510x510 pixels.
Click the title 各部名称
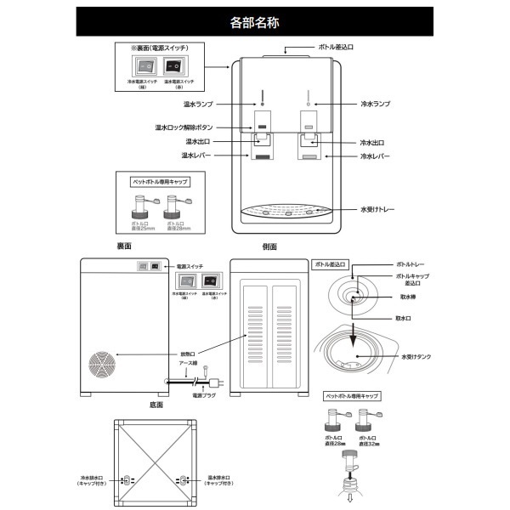pos(255,22)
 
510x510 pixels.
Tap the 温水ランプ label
pos(196,105)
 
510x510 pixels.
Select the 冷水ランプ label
pos(374,105)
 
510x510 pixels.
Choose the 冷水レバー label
pos(375,156)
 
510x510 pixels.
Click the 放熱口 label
pos(188,354)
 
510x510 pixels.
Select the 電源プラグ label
pos(205,395)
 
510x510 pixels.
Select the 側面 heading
pos(270,246)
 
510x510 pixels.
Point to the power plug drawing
pos(212,382)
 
